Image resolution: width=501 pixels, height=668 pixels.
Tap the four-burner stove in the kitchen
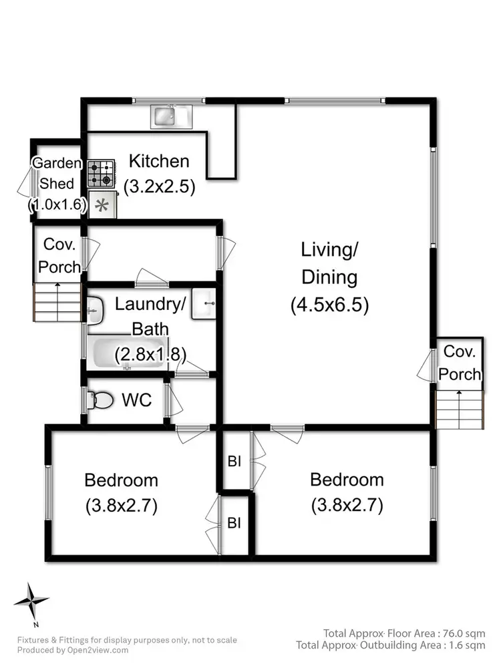tap(102, 174)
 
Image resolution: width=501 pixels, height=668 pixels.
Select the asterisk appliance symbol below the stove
tap(102, 205)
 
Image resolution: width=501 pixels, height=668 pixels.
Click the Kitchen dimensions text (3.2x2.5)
tap(159, 186)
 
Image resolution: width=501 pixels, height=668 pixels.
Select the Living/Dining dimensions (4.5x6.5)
tap(329, 305)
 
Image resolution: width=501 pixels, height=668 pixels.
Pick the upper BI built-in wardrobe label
tap(234, 462)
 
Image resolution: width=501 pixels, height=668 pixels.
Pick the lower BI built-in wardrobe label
tap(234, 523)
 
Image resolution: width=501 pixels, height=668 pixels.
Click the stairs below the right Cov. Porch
tap(458, 409)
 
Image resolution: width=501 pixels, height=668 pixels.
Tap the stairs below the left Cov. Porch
tap(57, 302)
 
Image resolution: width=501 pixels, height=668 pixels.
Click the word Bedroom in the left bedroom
tap(121, 480)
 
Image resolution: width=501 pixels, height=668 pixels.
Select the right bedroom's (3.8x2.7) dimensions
tap(347, 506)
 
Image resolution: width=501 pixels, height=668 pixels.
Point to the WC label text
tap(137, 400)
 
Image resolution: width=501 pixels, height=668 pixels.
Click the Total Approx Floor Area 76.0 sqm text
tap(404, 633)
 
